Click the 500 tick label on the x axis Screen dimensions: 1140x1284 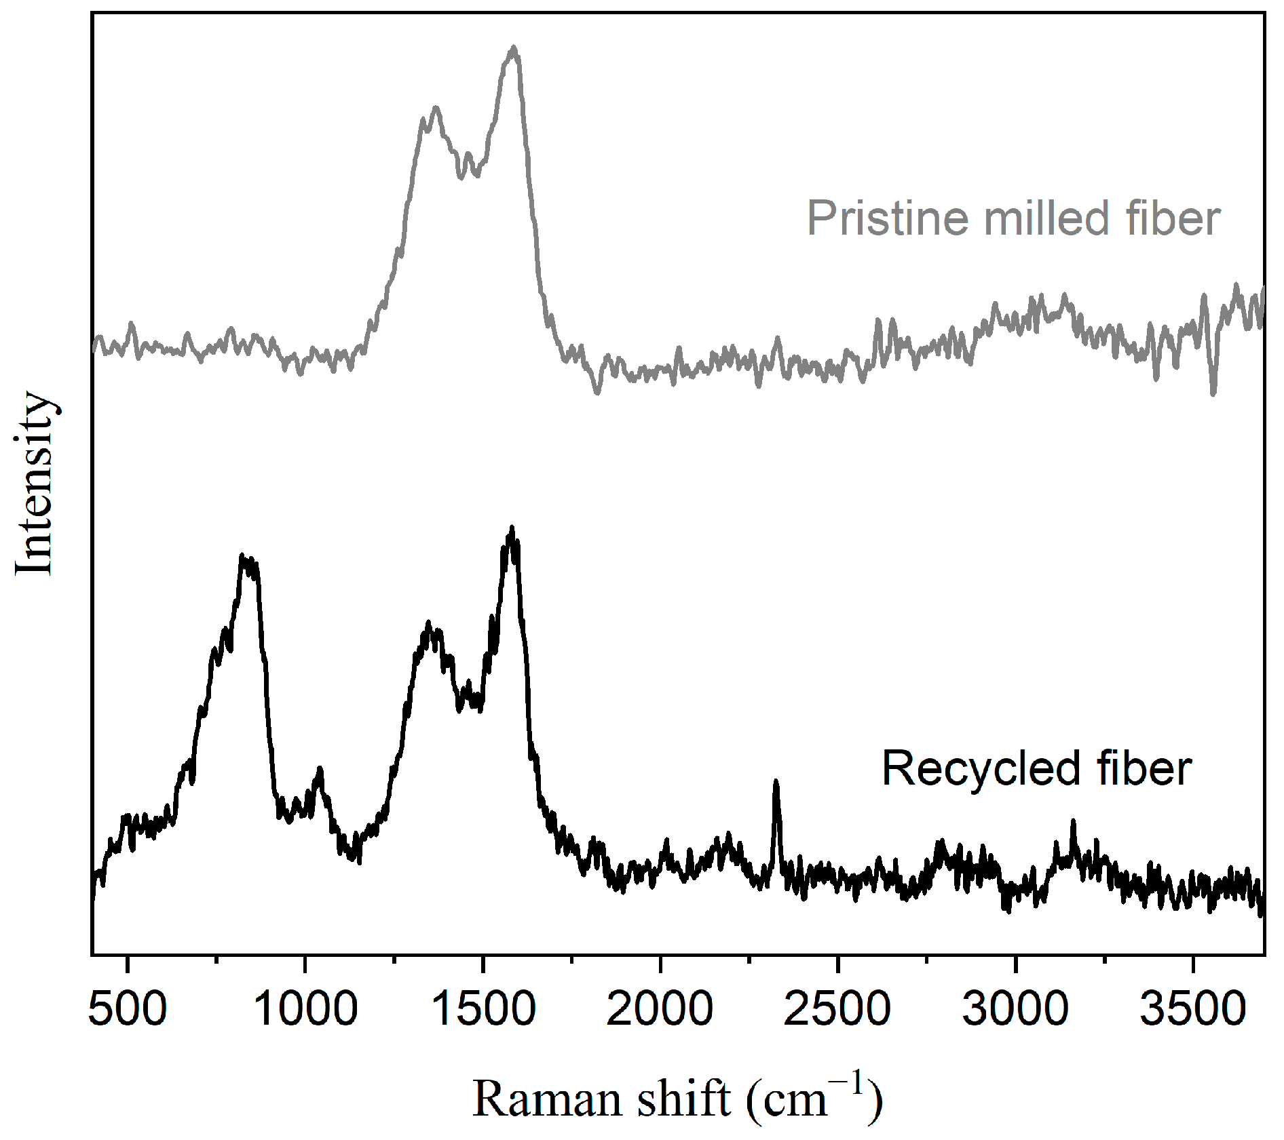[x=128, y=1009]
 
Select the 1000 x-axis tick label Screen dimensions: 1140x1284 [x=305, y=1009]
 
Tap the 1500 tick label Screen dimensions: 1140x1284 [x=483, y=1009]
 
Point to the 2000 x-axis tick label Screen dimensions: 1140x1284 [x=660, y=1009]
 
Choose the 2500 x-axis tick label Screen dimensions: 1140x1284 [x=837, y=1009]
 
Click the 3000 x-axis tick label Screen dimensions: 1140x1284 [x=1015, y=1009]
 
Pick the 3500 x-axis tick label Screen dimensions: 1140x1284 [x=1192, y=1009]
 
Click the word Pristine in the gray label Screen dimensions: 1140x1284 [x=887, y=219]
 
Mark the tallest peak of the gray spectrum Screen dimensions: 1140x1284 [x=514, y=48]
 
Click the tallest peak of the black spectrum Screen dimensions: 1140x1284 [x=512, y=528]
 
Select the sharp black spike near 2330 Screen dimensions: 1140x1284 [x=776, y=783]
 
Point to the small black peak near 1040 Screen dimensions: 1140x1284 [x=320, y=770]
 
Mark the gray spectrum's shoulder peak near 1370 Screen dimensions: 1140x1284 [x=436, y=108]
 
